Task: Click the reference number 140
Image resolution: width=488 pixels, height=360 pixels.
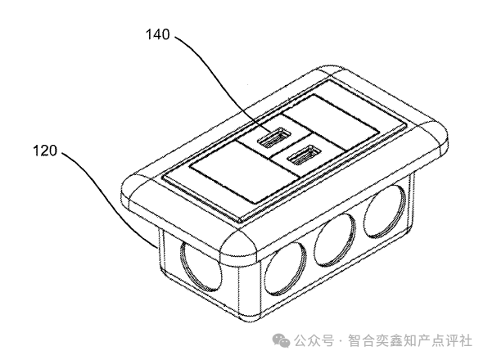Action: click(x=158, y=34)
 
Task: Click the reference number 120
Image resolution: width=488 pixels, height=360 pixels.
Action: click(x=45, y=151)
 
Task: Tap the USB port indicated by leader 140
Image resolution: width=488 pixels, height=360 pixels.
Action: click(x=273, y=137)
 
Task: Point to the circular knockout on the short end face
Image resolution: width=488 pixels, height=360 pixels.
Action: click(x=201, y=267)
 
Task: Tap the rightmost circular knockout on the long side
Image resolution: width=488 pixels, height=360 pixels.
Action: click(x=385, y=213)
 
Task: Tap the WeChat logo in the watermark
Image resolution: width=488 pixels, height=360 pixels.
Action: click(x=282, y=340)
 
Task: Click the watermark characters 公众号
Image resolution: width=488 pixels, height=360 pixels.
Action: click(x=314, y=340)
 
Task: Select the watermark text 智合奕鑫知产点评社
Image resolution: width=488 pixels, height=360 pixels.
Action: click(x=410, y=340)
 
